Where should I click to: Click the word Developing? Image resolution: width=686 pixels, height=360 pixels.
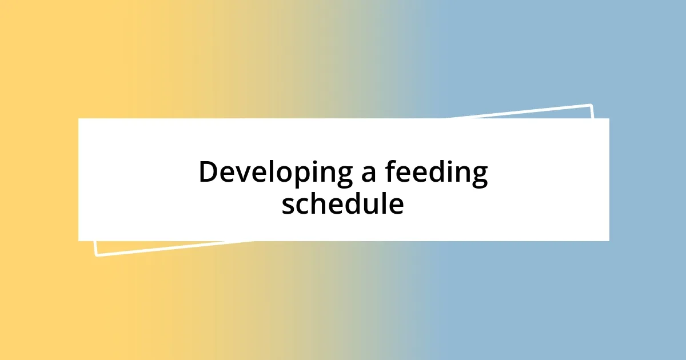pyautogui.click(x=275, y=173)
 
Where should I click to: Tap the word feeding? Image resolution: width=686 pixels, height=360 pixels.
pyautogui.click(x=436, y=173)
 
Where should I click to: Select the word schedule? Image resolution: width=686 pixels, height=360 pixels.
pyautogui.click(x=342, y=204)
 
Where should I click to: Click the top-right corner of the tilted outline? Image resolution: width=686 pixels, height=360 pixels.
pyautogui.click(x=591, y=105)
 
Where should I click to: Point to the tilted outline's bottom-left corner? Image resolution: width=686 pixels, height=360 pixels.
pyautogui.click(x=95, y=255)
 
